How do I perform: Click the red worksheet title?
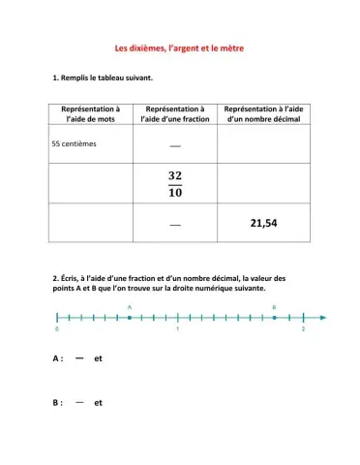179,46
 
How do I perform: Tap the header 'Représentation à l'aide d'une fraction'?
174,115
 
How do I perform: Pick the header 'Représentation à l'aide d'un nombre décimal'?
262,115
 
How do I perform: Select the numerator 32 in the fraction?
175,175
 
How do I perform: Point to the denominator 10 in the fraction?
175,192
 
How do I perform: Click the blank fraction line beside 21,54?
175,225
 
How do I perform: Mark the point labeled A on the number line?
130,317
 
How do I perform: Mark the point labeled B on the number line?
274,317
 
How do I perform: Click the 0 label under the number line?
58,330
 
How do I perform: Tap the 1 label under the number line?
178,330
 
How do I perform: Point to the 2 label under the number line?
303,330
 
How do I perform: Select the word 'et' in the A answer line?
99,358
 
